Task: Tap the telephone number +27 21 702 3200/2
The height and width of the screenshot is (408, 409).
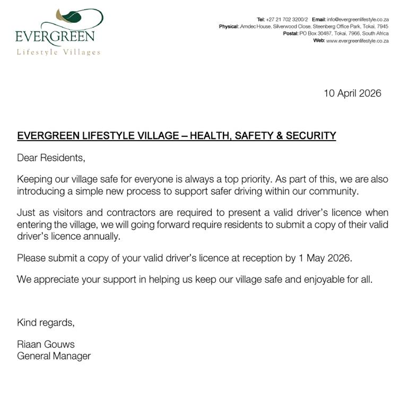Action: pos(286,19)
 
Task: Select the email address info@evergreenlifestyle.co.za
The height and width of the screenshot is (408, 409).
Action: pos(358,19)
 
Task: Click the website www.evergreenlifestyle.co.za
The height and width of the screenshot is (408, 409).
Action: pos(358,40)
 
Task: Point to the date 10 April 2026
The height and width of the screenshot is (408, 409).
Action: pos(352,93)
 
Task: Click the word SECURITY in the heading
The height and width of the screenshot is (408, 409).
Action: pos(310,136)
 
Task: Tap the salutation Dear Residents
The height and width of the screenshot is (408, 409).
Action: pos(51,158)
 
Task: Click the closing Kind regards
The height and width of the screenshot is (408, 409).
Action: pos(46,322)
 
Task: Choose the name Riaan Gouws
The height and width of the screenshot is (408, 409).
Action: pos(46,344)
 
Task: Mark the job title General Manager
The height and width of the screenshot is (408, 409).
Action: pos(54,356)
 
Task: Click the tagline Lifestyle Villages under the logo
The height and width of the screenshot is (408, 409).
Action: pos(58,52)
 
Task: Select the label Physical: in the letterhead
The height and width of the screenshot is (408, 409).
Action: pos(229,26)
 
